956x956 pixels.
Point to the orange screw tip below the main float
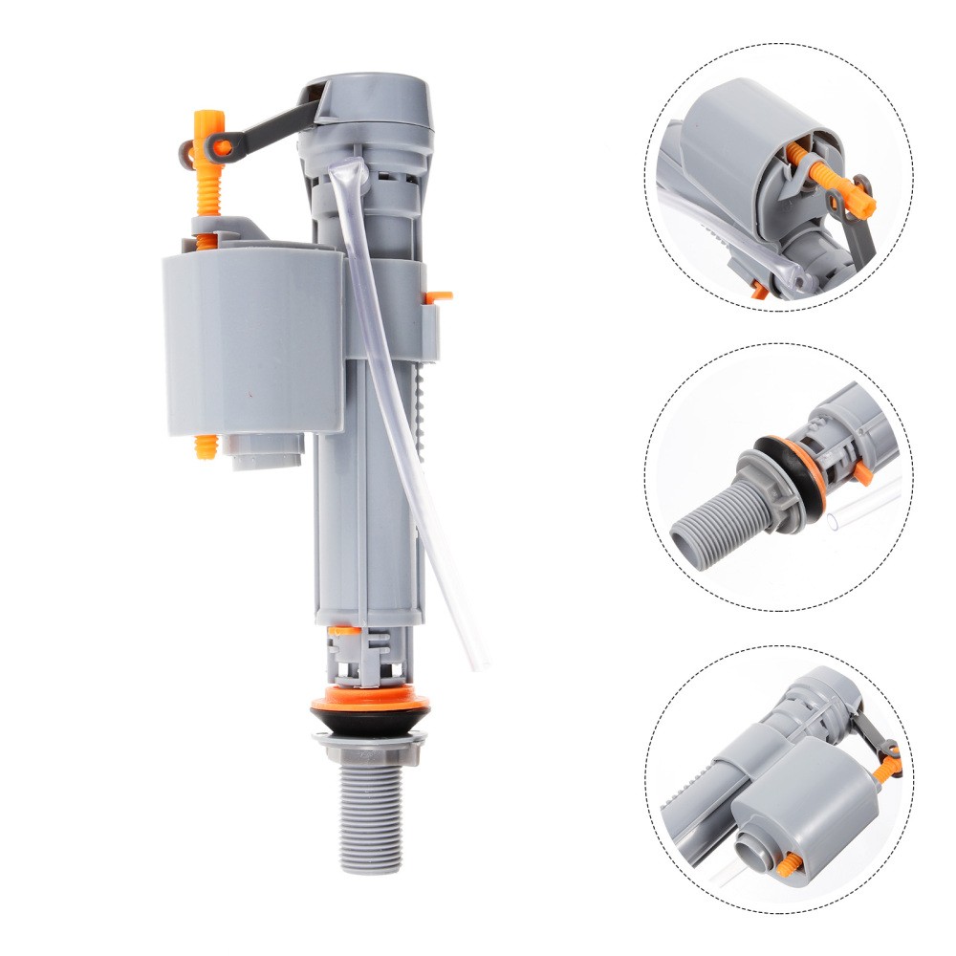(x=206, y=446)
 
